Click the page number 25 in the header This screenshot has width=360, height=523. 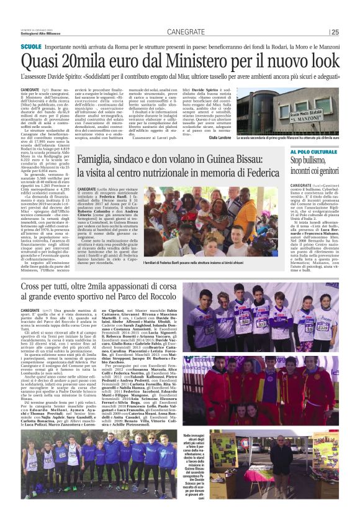coord(335,32)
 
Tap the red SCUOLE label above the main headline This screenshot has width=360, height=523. coord(30,47)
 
